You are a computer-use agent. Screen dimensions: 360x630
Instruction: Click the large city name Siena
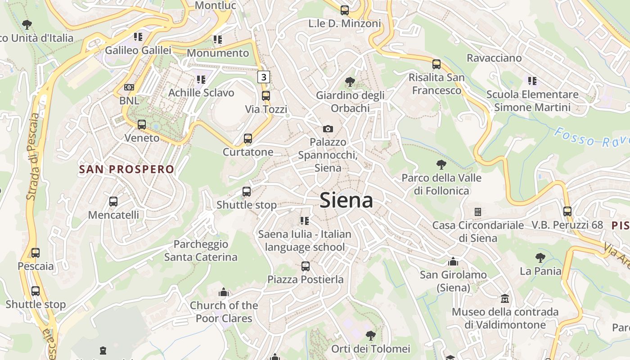(346, 200)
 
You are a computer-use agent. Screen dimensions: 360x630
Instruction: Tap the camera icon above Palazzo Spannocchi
(328, 129)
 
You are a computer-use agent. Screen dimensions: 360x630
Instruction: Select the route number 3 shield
(264, 77)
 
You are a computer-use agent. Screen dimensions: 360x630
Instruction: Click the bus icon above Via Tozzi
(266, 96)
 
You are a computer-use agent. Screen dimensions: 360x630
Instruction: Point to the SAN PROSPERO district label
(126, 169)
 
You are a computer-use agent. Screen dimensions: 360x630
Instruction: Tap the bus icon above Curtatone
(248, 139)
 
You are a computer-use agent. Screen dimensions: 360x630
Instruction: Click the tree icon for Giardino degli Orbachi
(350, 82)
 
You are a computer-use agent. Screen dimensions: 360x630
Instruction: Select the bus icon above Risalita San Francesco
(436, 64)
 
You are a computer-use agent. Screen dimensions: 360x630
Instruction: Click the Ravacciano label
(494, 58)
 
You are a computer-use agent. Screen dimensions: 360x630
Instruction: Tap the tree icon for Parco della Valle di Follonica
(441, 165)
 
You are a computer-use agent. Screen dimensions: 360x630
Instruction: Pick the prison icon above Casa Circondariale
(478, 211)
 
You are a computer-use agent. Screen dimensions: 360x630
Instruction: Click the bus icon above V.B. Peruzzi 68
(567, 211)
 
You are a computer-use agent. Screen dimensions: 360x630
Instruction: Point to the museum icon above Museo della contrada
(505, 298)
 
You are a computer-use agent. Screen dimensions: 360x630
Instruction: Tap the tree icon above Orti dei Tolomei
(370, 335)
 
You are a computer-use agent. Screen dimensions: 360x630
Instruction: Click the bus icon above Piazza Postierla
(306, 266)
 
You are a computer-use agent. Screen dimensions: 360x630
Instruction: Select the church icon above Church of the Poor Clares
(224, 292)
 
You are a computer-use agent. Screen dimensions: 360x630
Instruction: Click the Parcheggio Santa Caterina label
(201, 251)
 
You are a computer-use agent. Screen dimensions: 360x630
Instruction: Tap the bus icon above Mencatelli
(113, 202)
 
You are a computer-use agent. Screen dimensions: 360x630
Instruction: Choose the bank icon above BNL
(129, 87)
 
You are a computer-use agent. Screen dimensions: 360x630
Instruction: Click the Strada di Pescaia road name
(33, 156)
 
